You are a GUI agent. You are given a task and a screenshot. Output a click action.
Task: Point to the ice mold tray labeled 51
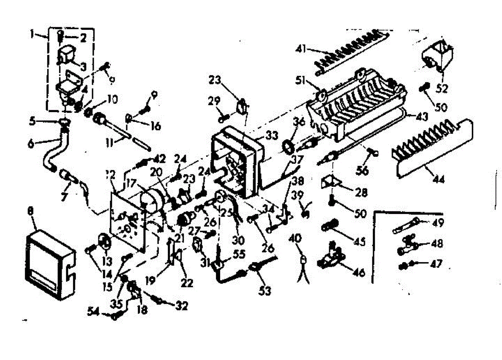tap(356, 105)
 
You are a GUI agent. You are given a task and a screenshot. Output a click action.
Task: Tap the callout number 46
tap(359, 273)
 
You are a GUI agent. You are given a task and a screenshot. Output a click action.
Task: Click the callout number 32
tap(181, 306)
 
